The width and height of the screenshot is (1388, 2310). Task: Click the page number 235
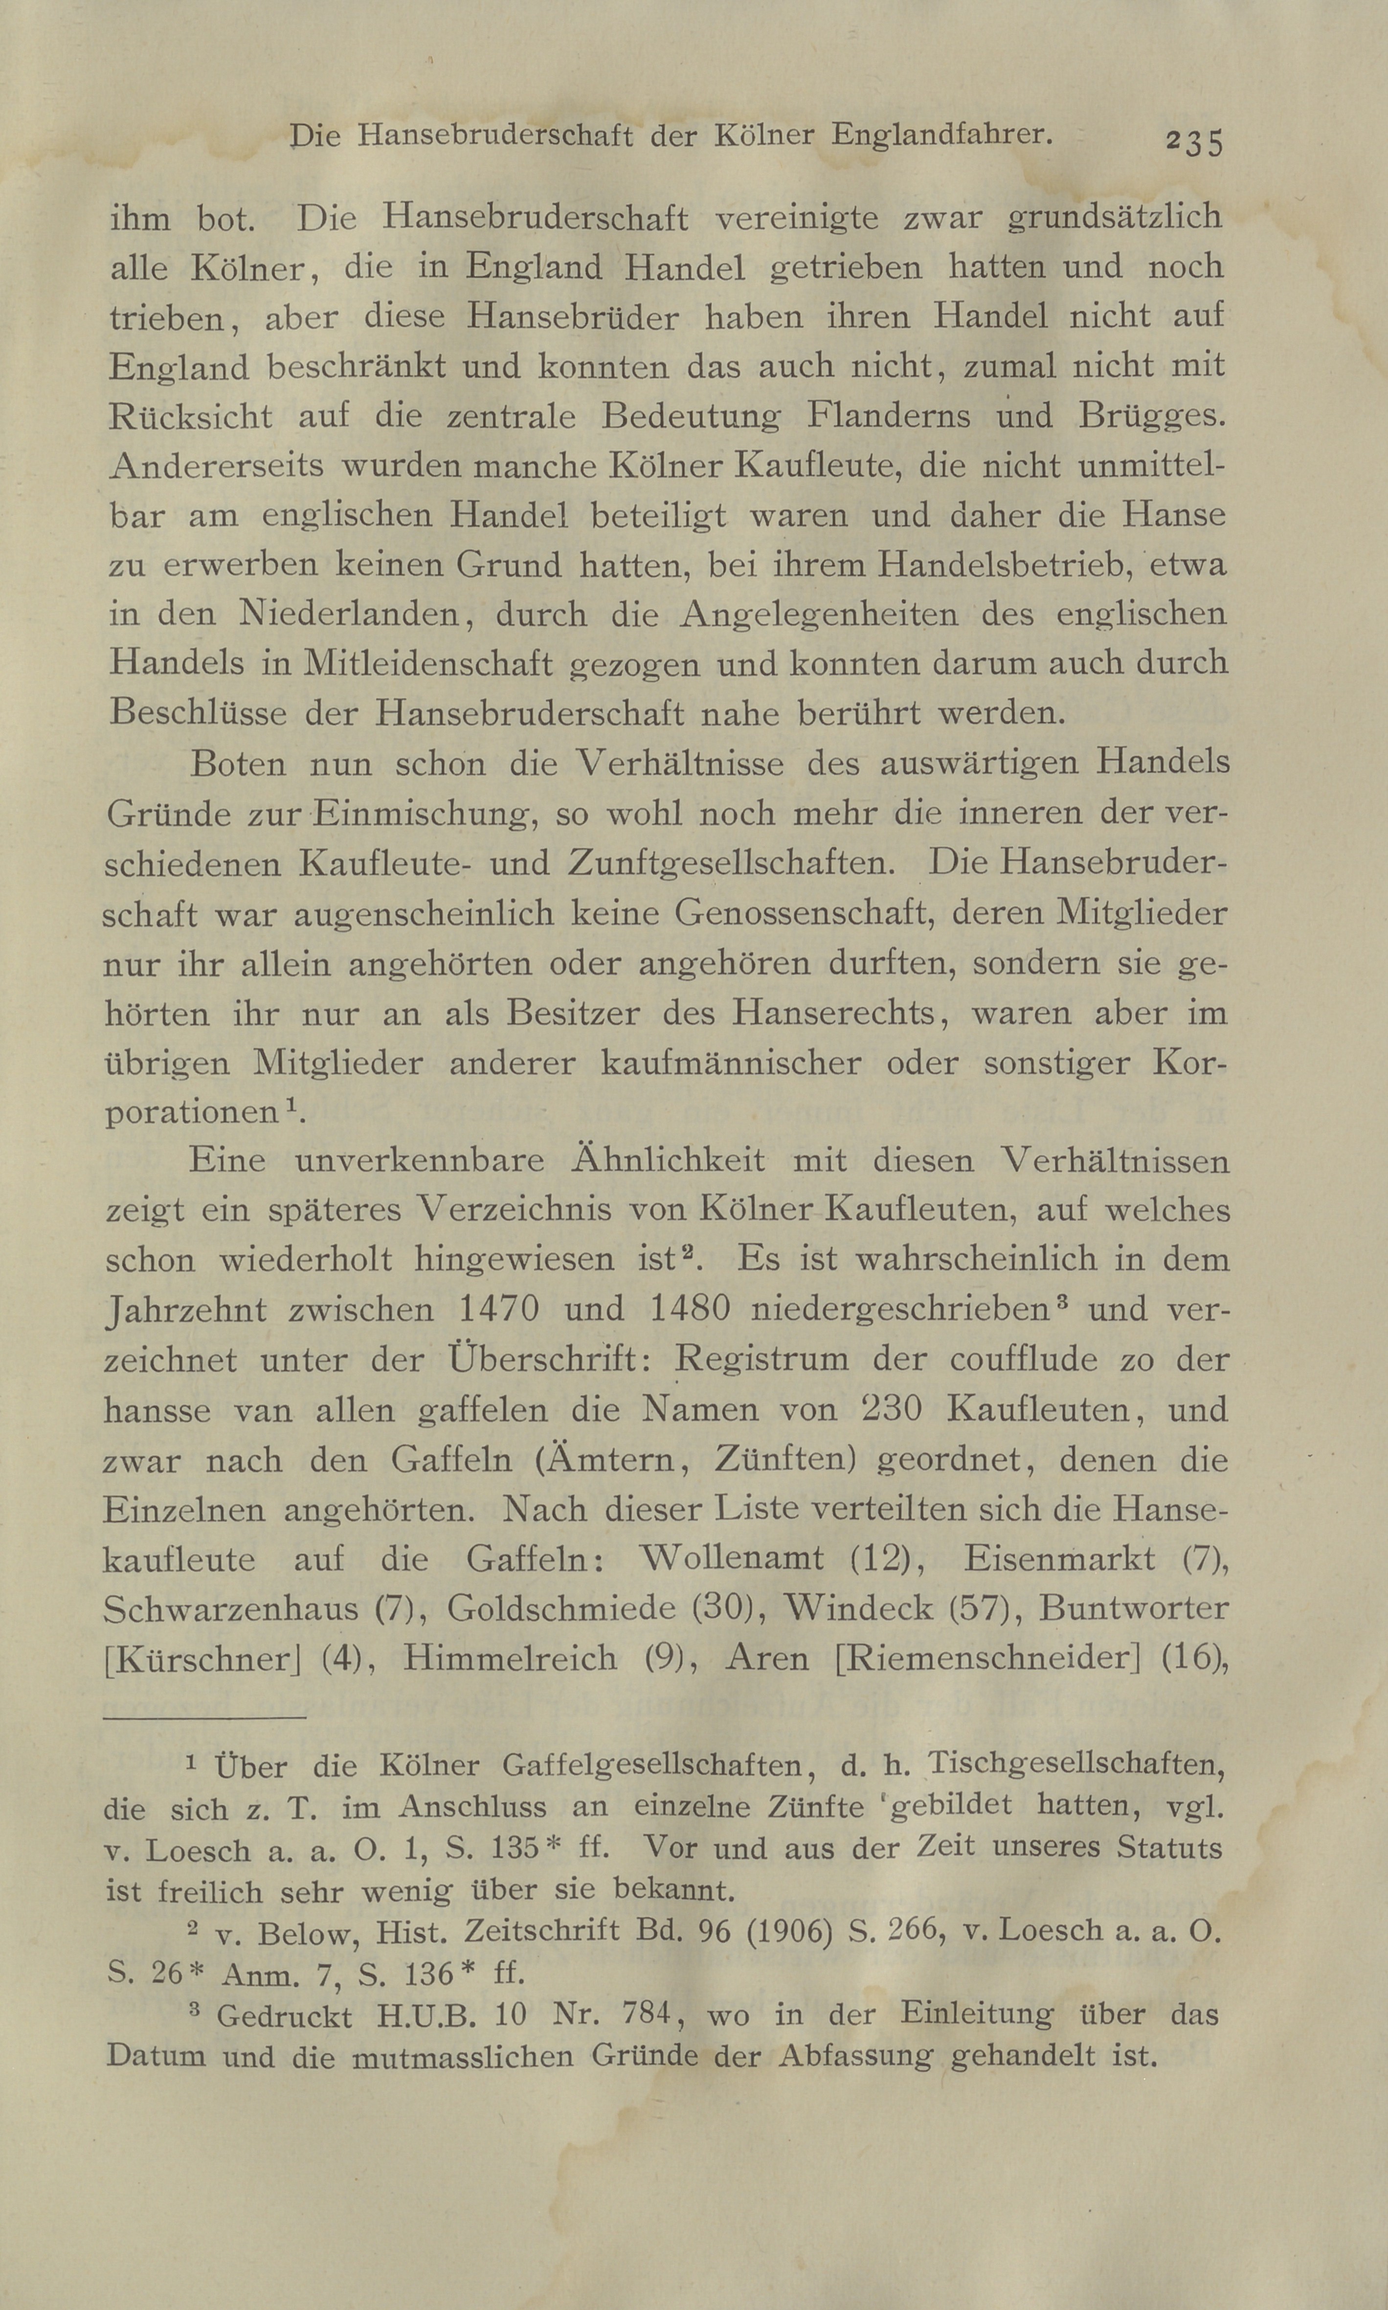click(1193, 142)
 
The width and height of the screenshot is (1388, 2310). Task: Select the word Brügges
click(1150, 415)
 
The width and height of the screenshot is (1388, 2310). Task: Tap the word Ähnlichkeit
click(668, 1160)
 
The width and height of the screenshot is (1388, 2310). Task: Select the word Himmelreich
click(510, 1658)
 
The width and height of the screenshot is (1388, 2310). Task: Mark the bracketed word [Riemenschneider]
click(987, 1658)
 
